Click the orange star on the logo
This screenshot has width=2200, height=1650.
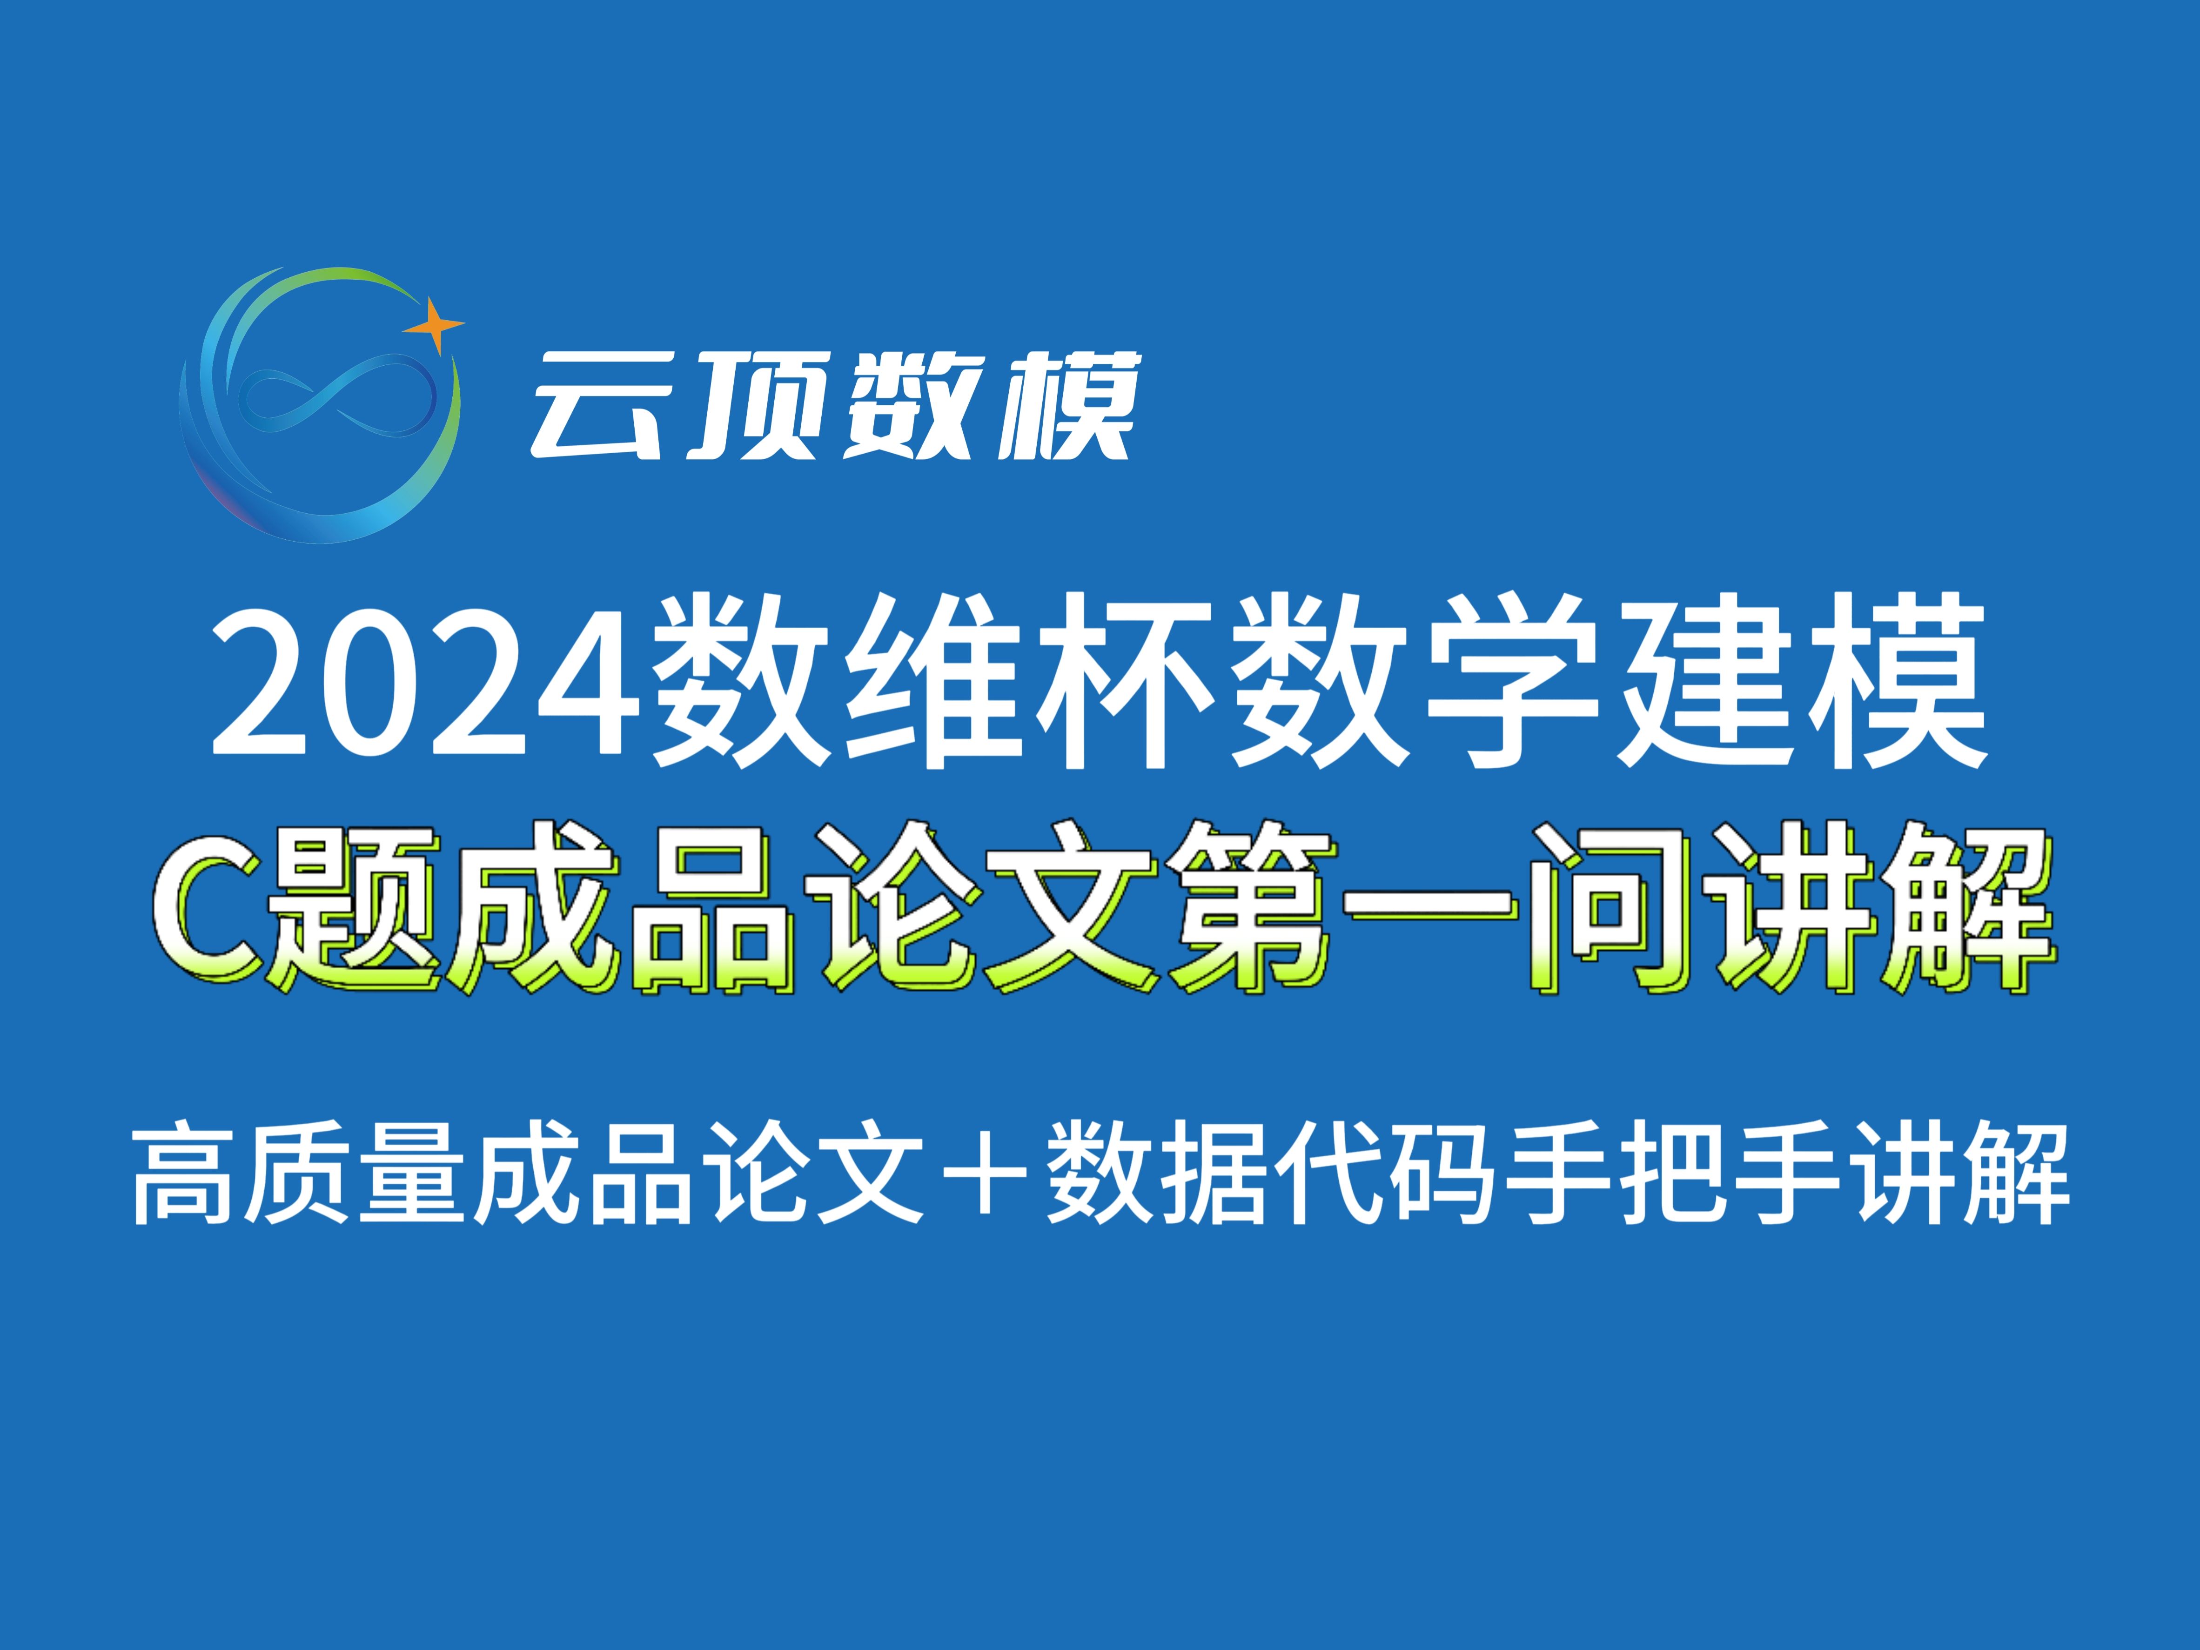pyautogui.click(x=434, y=324)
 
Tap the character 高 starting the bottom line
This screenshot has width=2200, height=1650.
pyautogui.click(x=189, y=1186)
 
